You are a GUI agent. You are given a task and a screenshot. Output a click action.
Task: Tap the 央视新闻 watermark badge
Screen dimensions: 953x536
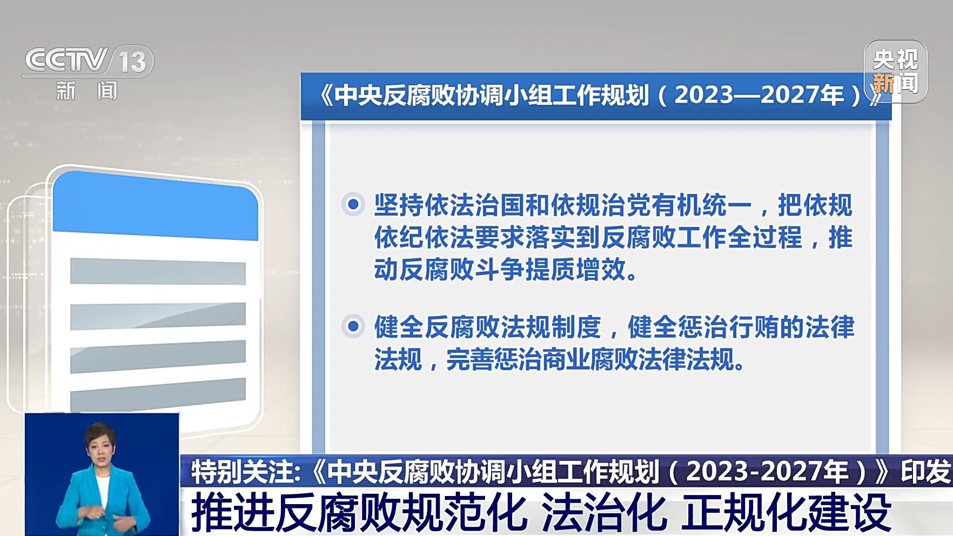point(895,71)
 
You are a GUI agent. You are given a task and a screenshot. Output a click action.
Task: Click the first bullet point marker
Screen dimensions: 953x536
point(353,204)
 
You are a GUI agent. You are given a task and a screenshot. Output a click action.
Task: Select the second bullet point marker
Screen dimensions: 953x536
point(353,326)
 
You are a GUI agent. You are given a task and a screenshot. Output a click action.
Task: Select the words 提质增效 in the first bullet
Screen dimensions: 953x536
point(575,269)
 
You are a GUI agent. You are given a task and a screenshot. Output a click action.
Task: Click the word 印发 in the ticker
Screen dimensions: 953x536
point(925,472)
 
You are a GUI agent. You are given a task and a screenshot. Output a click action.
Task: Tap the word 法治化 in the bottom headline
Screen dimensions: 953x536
point(604,513)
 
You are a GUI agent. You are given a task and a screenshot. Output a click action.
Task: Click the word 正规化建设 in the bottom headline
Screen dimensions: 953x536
point(786,513)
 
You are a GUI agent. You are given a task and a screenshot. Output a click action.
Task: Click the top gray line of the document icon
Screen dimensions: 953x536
point(158,271)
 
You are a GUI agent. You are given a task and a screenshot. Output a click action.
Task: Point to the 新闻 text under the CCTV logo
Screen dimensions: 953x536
point(86,91)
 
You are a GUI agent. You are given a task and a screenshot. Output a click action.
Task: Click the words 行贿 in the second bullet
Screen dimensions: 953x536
point(754,327)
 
